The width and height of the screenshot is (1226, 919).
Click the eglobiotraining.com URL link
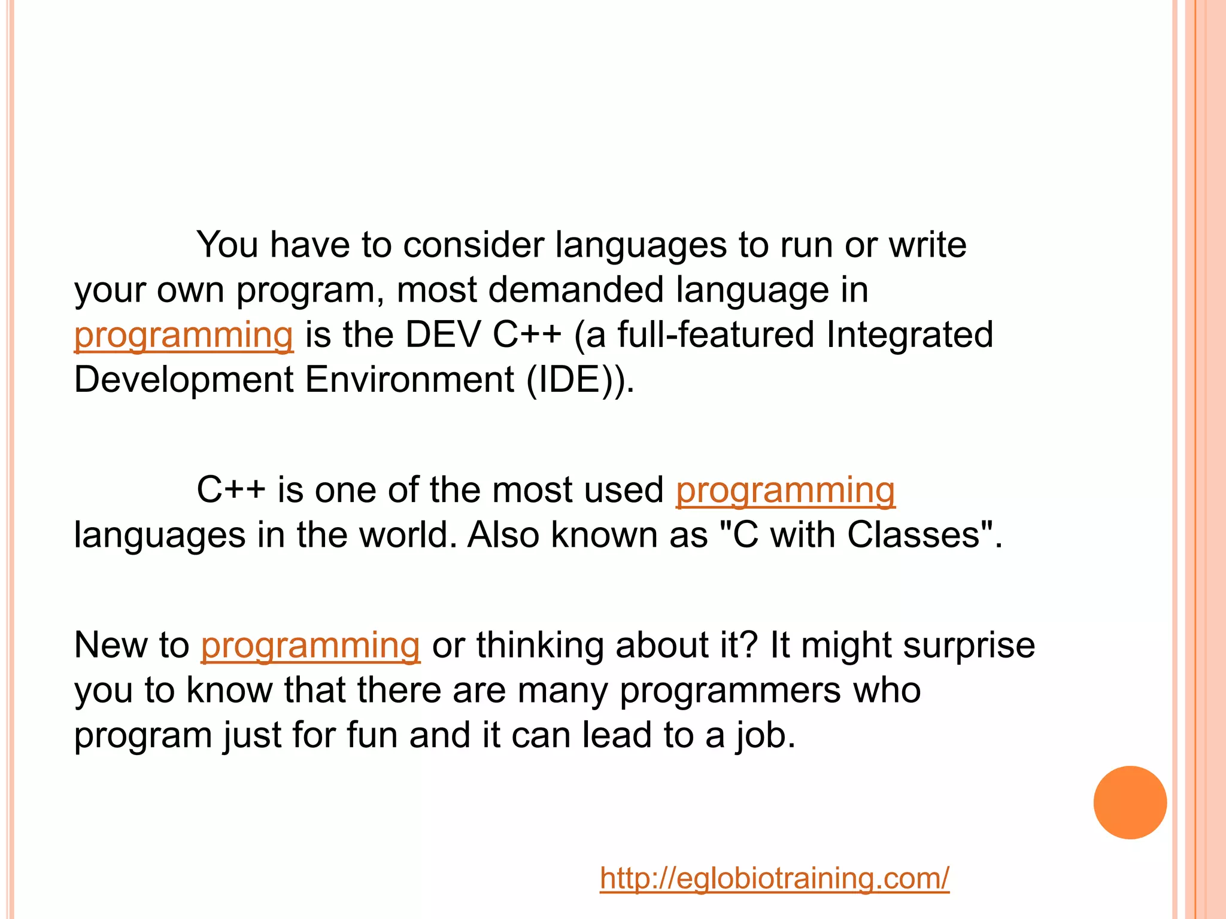[x=774, y=878]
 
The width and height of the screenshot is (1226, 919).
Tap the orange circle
[x=1130, y=802]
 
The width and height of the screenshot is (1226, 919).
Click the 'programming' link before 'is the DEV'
[x=184, y=335]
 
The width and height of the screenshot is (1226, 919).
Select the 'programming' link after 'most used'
[x=785, y=491]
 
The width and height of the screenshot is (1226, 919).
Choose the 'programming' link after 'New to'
[x=310, y=646]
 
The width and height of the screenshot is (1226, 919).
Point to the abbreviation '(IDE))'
[x=579, y=379]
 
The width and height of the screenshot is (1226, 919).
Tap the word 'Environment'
[x=409, y=379]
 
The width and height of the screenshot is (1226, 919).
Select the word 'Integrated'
[x=909, y=334]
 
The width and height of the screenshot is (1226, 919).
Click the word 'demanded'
[x=576, y=290]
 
